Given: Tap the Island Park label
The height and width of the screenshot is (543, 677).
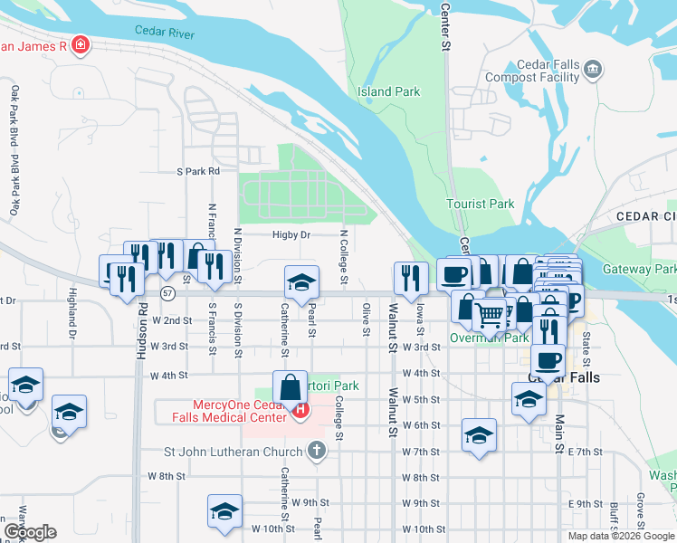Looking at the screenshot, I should (x=388, y=91).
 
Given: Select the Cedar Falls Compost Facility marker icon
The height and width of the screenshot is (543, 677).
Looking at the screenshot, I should (x=593, y=68).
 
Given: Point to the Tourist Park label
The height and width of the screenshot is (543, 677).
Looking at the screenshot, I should (x=480, y=204).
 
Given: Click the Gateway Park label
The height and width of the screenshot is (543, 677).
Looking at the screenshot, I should (x=640, y=269).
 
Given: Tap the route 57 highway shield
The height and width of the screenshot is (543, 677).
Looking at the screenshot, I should (x=167, y=293).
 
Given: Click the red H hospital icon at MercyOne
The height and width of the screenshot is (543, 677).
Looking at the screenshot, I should (x=299, y=411).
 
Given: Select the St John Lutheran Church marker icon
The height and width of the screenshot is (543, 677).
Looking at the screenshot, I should (x=315, y=450).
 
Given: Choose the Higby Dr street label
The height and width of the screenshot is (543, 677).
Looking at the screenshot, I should (x=291, y=235).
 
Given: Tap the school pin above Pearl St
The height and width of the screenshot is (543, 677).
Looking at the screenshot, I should (x=301, y=281).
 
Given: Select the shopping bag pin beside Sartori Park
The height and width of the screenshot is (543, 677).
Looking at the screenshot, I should (x=289, y=386).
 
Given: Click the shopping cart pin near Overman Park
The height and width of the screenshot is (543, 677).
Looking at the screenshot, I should (x=490, y=314).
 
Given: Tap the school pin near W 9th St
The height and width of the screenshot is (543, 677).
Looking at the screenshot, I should (x=224, y=510).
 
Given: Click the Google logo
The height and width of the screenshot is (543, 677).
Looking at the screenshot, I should (x=30, y=531).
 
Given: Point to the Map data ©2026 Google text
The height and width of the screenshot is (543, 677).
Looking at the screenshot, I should (x=621, y=536).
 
